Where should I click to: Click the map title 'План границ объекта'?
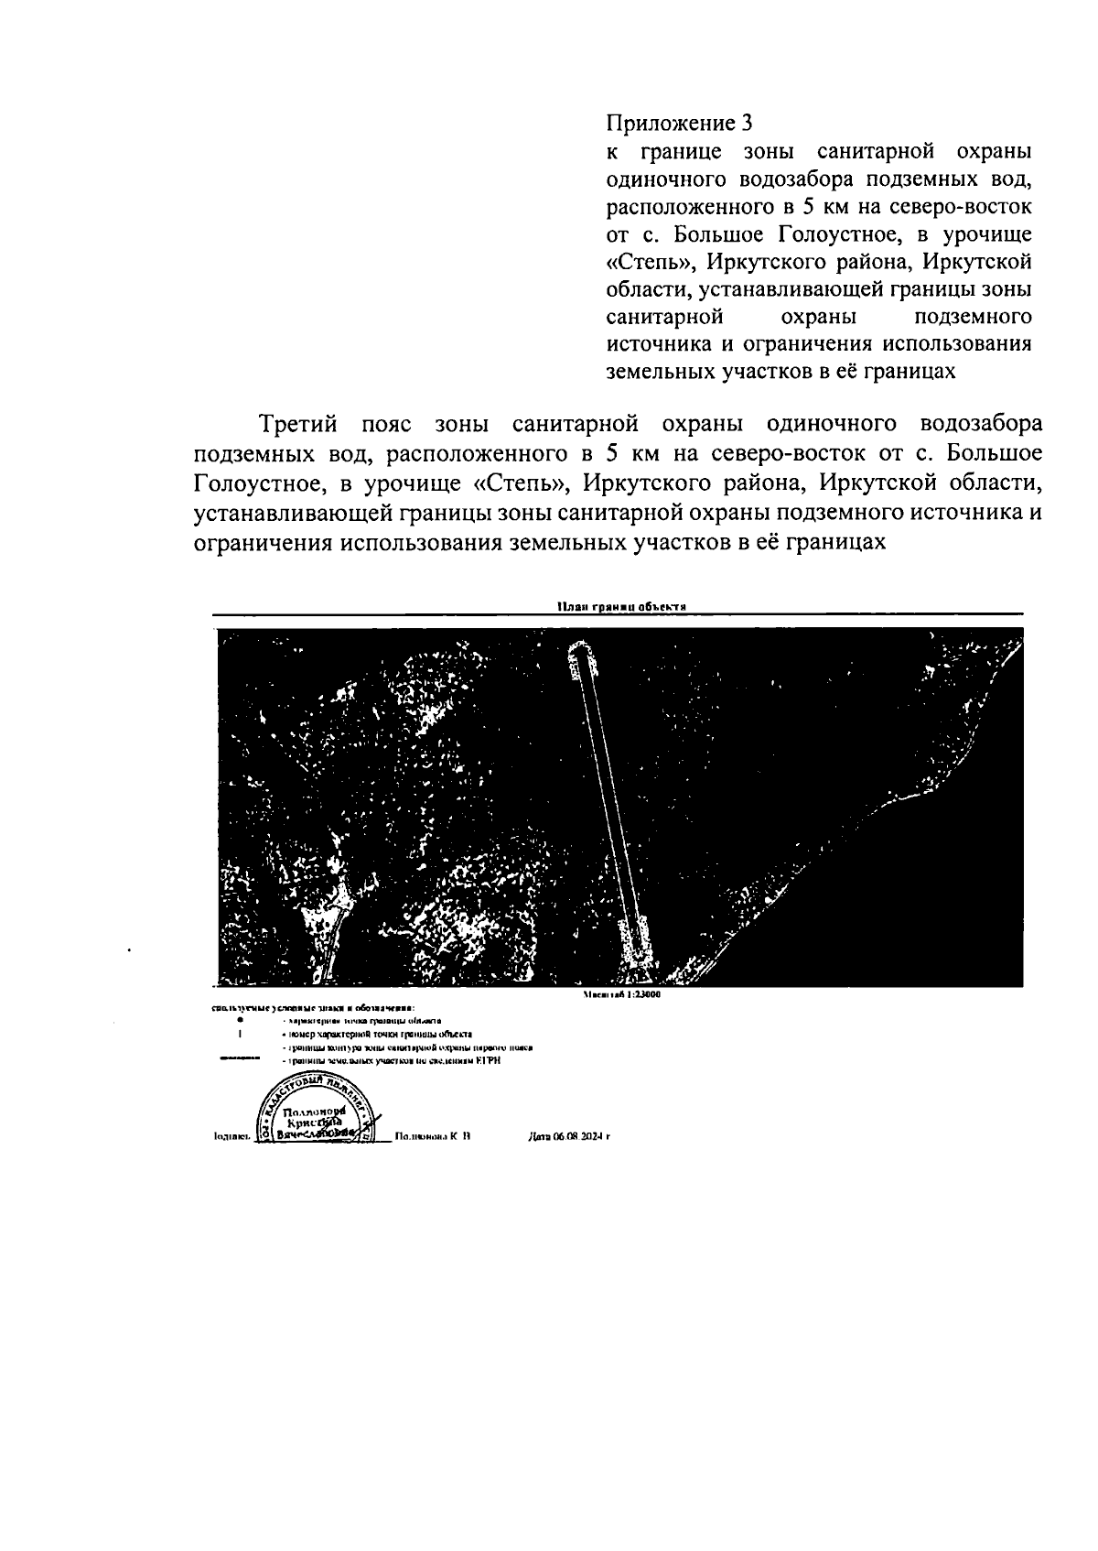tap(621, 606)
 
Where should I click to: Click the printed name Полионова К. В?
tap(433, 1137)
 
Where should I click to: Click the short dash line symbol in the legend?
tap(239, 1059)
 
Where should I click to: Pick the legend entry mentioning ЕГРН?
tap(393, 1060)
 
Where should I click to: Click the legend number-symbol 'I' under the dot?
tap(239, 1034)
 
